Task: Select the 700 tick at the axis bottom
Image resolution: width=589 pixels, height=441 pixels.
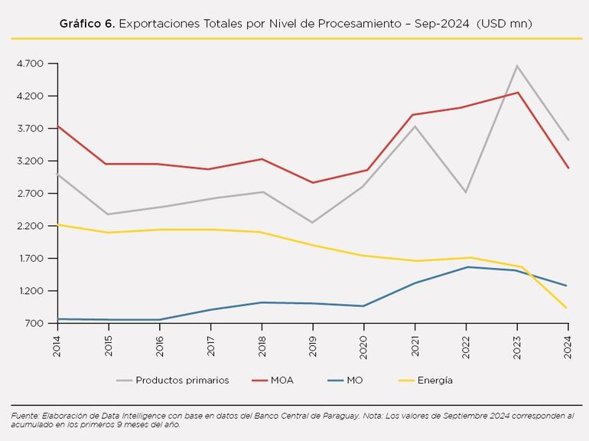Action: coord(34,324)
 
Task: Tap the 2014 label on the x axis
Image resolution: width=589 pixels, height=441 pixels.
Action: coord(57,346)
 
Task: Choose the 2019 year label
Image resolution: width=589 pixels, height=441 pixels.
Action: coord(312,346)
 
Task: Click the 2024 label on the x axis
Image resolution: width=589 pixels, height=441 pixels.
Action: coord(568,346)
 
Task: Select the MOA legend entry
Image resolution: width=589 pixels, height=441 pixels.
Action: coord(281,380)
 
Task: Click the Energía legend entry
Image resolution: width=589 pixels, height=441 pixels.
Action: coord(434,380)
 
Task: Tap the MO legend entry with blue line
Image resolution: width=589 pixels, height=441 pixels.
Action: coord(354,380)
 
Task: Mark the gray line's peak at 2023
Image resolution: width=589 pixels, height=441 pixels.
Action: coord(517,66)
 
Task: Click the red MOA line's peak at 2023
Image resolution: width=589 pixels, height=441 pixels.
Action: coord(517,93)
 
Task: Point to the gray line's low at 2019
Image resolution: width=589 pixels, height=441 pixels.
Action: coord(312,223)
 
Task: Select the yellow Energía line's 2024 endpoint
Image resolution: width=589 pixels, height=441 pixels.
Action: coord(568,308)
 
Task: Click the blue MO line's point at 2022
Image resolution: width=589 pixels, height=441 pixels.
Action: coord(466,266)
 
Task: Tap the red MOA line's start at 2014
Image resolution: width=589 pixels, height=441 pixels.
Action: coord(57,126)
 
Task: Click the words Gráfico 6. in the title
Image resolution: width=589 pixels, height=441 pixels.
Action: coord(87,24)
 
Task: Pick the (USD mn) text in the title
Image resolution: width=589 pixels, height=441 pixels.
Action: coord(503,24)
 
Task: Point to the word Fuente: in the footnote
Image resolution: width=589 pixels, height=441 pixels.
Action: coord(26,416)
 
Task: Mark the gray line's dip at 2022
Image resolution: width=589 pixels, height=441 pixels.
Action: coord(466,192)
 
